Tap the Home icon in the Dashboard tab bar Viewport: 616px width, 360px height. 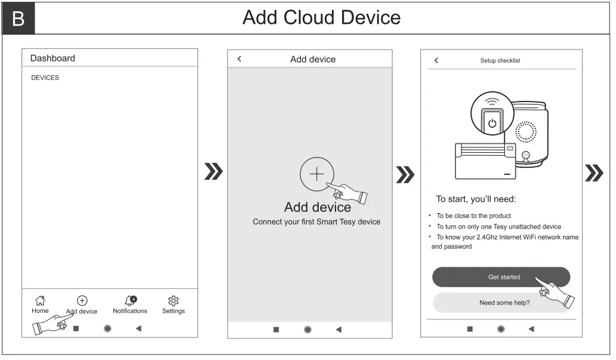click(40, 301)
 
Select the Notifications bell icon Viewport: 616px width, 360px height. click(131, 301)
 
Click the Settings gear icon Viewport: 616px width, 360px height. click(173, 301)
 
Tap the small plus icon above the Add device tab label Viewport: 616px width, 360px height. click(82, 301)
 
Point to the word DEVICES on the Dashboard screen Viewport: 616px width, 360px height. click(45, 78)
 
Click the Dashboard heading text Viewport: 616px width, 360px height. click(53, 58)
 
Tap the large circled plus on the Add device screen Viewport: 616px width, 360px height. click(316, 174)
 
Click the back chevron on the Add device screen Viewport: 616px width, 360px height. click(239, 59)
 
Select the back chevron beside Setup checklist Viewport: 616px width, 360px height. click(436, 60)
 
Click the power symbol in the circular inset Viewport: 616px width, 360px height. click(492, 124)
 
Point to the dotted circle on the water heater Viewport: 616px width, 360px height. click(526, 132)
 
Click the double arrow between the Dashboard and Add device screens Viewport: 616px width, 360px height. click(213, 171)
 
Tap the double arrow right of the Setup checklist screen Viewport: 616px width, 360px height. click(593, 173)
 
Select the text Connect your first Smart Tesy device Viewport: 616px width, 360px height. click(316, 221)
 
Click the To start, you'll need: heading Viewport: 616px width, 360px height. click(476, 199)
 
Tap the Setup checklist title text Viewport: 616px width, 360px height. click(500, 60)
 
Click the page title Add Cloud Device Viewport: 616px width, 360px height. click(321, 18)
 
